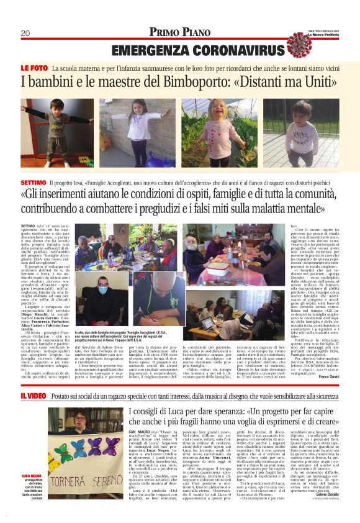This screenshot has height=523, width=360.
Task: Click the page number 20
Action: click(x=25, y=33)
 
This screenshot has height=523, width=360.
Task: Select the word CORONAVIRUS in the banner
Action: click(x=230, y=50)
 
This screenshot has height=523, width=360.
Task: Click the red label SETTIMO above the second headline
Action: click(x=33, y=184)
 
